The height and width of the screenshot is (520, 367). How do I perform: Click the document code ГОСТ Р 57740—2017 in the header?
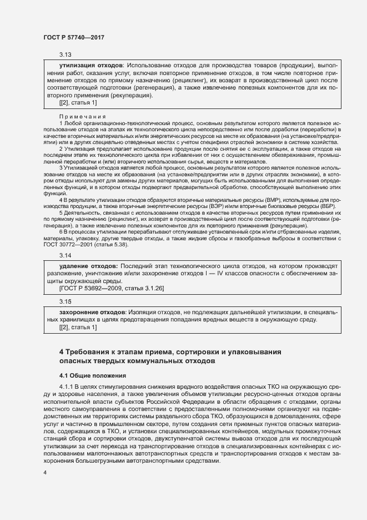[x=73, y=37]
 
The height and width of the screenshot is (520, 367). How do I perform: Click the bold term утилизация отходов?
[x=90, y=66]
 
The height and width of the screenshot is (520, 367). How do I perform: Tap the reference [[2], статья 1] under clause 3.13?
[x=78, y=102]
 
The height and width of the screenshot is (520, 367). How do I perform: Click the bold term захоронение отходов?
[x=92, y=312]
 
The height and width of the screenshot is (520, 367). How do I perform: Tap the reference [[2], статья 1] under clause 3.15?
[x=78, y=327]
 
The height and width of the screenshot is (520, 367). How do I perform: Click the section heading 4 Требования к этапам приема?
[x=170, y=351]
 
